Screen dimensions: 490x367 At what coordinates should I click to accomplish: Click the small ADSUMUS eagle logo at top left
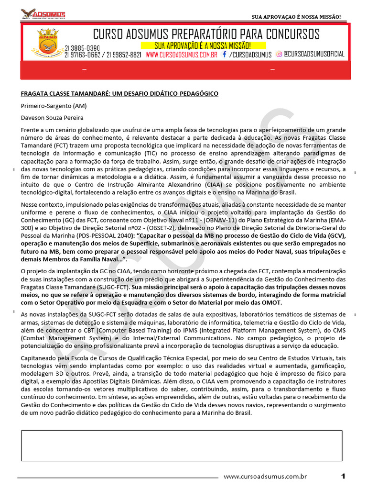(x=43, y=14)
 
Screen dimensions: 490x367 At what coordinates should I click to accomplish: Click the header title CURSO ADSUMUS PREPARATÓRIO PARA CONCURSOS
(x=206, y=34)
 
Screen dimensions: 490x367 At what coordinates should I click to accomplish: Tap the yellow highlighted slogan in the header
(x=203, y=45)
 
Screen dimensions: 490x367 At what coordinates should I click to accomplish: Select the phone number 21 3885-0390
(x=82, y=48)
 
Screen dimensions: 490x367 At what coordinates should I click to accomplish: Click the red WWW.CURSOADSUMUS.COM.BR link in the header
(x=182, y=55)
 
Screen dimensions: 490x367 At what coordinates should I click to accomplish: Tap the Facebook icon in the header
(x=224, y=55)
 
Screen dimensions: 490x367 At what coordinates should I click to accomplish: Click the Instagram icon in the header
(x=279, y=55)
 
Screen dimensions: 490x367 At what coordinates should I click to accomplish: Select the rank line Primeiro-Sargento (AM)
(x=54, y=106)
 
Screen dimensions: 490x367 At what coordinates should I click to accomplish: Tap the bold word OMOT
(x=272, y=303)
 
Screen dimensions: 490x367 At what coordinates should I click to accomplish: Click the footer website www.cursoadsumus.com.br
(x=265, y=476)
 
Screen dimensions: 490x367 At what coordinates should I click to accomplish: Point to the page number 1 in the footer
(x=343, y=476)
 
